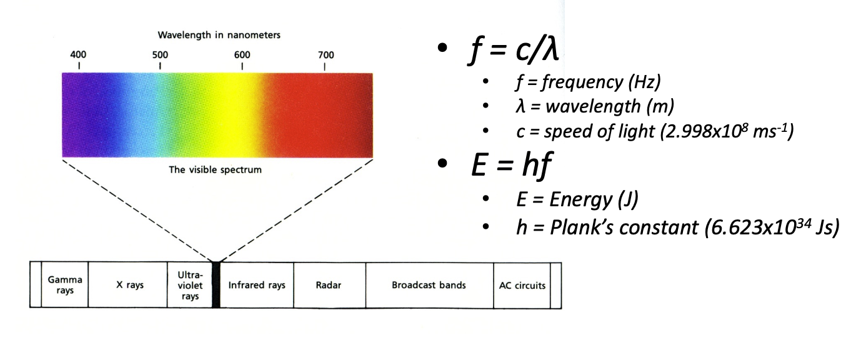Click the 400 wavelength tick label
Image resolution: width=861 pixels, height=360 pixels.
[79, 54]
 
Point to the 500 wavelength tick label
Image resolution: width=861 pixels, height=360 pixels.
[160, 54]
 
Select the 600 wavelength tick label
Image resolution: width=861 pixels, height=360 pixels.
[242, 54]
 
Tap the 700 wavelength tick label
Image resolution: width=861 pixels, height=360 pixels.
[325, 54]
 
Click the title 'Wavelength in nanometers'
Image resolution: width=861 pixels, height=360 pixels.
[219, 35]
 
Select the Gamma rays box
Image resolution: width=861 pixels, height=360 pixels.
[65, 285]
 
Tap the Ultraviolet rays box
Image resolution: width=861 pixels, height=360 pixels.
[190, 285]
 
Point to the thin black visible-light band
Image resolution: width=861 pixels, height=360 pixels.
[216, 285]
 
